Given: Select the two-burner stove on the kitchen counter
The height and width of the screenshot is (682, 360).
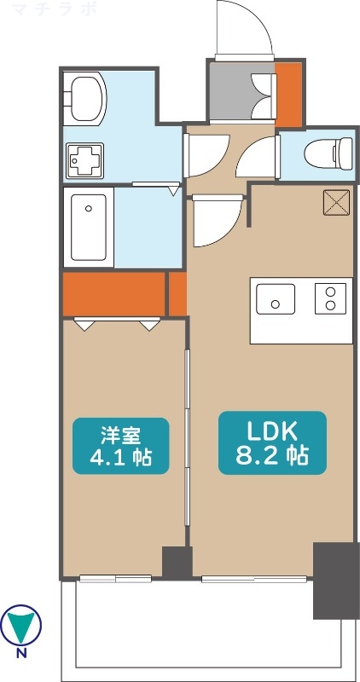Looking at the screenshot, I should (x=329, y=299).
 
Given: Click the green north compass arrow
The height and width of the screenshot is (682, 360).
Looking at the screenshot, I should (x=21, y=626).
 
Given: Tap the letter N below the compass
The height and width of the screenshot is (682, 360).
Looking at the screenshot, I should (x=21, y=655).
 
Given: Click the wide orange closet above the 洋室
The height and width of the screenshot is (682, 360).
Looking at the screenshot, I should (x=113, y=292).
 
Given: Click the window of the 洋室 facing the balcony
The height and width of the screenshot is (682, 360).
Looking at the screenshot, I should (x=115, y=579).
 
